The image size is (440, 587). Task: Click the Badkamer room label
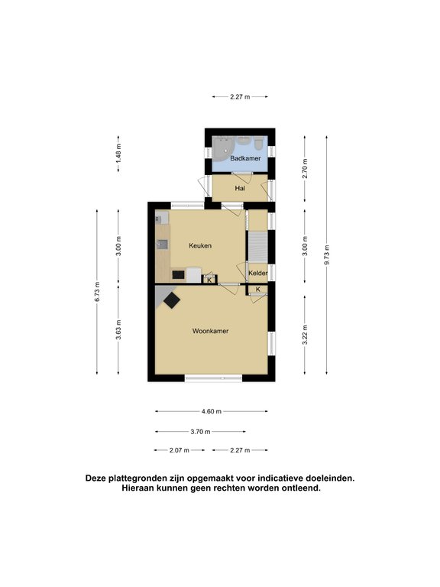click(241, 158)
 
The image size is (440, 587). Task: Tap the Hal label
click(240, 188)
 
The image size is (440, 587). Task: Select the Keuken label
click(200, 245)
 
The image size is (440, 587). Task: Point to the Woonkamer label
click(210, 331)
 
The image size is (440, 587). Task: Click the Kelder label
click(257, 273)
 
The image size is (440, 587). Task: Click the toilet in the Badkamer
click(259, 144)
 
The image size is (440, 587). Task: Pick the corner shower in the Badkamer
click(222, 148)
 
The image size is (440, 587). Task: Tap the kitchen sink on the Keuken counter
click(163, 245)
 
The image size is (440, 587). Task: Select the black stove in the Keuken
click(178, 274)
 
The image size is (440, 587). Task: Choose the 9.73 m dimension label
click(327, 253)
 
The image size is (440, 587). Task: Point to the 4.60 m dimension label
click(211, 411)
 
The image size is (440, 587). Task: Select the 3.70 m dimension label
click(200, 431)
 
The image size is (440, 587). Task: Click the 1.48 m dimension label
click(118, 157)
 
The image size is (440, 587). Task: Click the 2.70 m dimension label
click(304, 167)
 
